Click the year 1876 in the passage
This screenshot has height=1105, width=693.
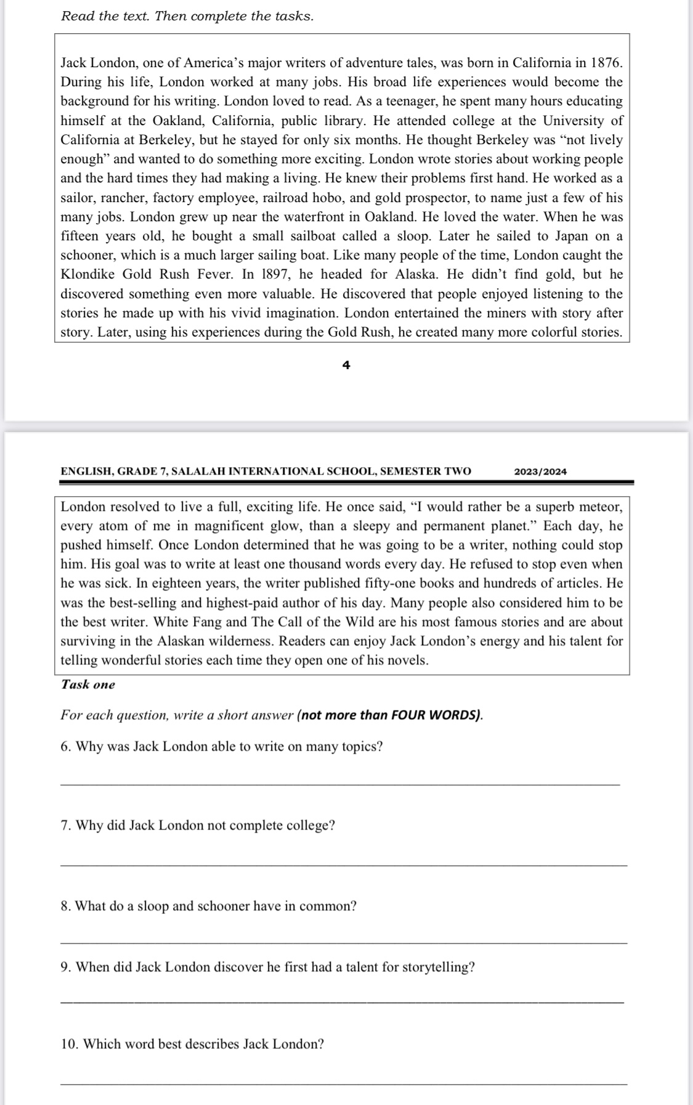point(606,63)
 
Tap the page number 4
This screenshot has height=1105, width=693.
point(346,365)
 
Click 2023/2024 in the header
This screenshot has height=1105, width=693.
point(540,471)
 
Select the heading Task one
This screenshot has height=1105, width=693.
point(88,685)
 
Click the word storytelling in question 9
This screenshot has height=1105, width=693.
point(438,967)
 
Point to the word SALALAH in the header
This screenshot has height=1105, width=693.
point(198,471)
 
